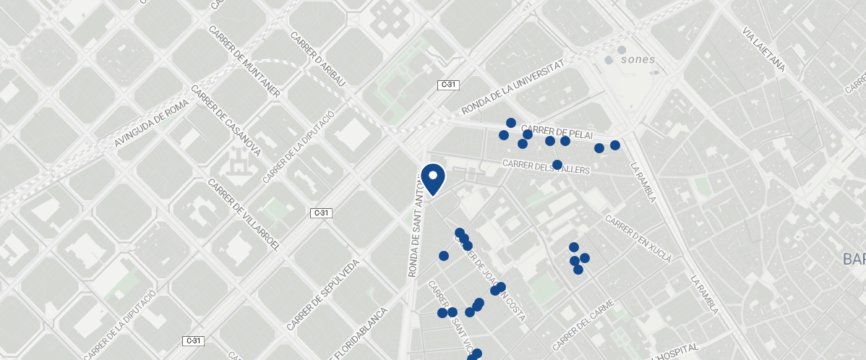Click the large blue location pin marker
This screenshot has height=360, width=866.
[x=433, y=179]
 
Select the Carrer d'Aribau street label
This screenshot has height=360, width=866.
[x=317, y=59]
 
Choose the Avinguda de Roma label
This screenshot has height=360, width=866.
[x=151, y=124]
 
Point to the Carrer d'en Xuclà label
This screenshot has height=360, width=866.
[x=638, y=239]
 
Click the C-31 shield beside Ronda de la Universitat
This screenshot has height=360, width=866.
[x=449, y=85]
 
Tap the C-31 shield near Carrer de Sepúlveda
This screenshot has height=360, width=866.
[x=321, y=213]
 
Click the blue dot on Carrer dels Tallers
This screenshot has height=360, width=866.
[x=557, y=165]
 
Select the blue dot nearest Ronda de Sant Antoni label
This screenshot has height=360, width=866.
[x=444, y=256]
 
